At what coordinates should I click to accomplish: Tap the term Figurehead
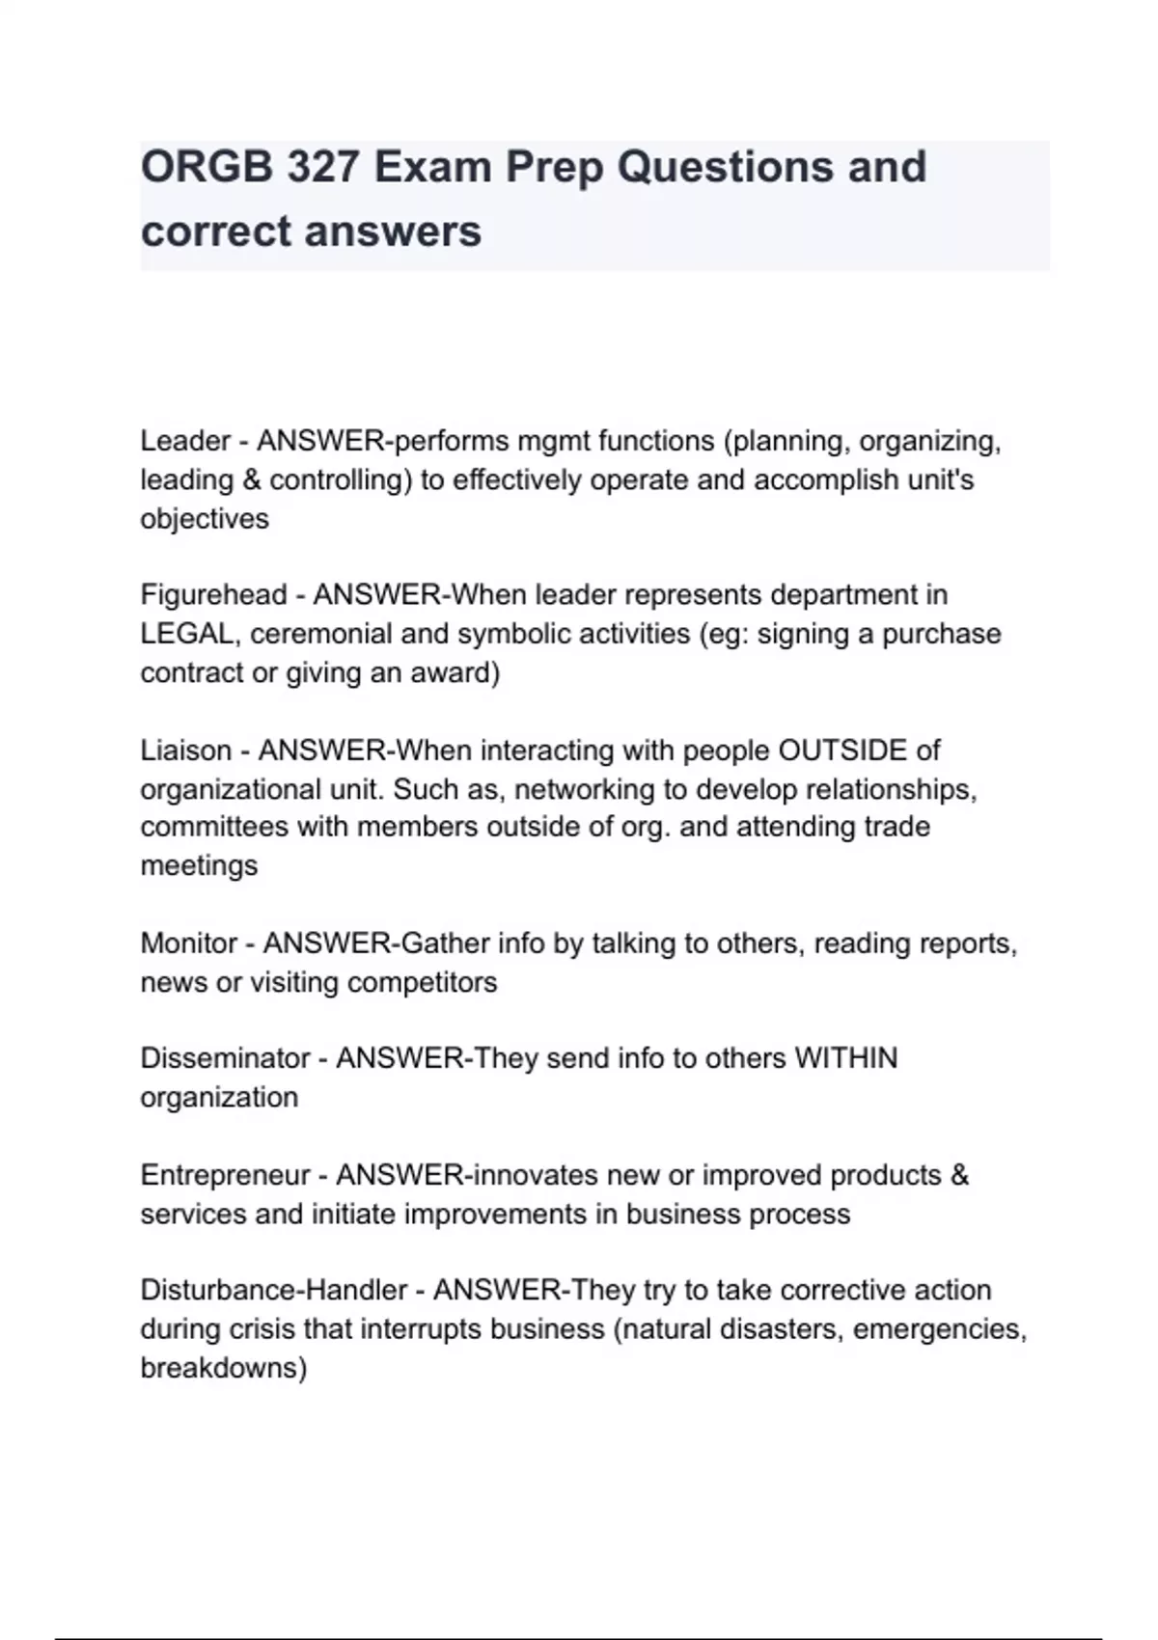pos(213,595)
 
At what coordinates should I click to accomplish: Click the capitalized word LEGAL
pos(186,635)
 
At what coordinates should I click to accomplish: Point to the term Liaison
pos(186,751)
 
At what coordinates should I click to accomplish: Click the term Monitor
pos(189,943)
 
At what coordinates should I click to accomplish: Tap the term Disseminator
pos(225,1058)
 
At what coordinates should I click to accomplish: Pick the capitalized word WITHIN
pos(845,1058)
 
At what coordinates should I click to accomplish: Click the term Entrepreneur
pos(225,1175)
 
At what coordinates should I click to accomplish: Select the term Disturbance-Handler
pos(274,1291)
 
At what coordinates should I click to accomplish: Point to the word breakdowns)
pos(224,1368)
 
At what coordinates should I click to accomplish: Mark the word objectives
pos(205,519)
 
